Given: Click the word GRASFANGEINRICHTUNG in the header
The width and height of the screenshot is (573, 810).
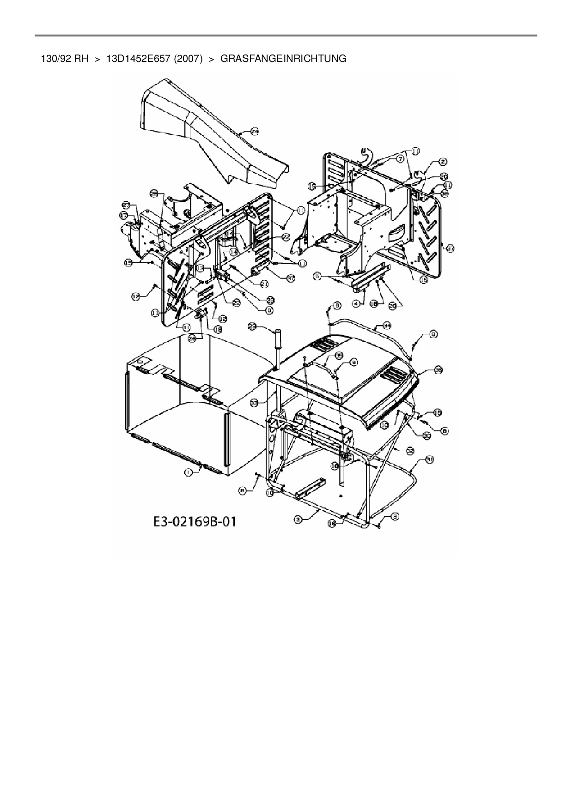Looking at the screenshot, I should pos(283,59).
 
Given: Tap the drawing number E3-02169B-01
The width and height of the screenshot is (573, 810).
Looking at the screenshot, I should pos(195,522).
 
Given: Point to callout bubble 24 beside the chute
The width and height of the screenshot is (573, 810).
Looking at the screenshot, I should pos(255,132).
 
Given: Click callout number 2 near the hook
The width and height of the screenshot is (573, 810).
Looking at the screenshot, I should pos(443,162).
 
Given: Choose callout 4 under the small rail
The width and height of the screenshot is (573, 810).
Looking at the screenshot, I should pos(356,303).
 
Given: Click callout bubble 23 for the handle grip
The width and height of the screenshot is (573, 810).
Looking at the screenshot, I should pos(252,326).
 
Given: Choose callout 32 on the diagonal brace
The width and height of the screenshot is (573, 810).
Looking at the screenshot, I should pos(409,449).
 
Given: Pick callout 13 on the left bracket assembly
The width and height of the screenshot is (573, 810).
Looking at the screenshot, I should pos(200,268).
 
